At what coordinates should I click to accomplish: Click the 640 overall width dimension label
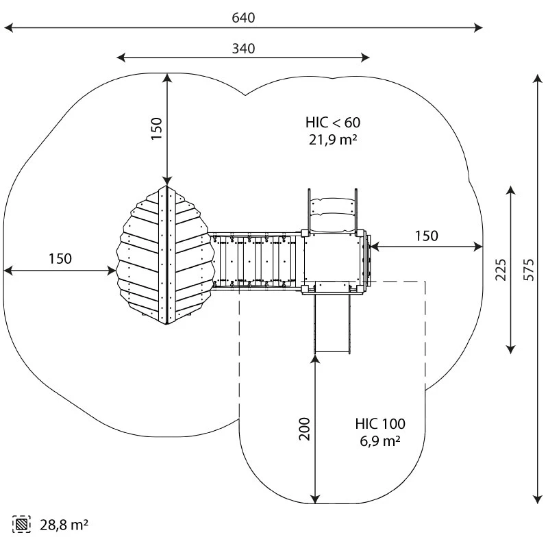tap(243, 18)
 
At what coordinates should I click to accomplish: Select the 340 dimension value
tap(243, 49)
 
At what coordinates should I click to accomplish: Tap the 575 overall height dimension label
tap(529, 269)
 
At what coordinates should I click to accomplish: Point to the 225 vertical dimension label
tap(501, 269)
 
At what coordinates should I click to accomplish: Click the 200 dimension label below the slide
tap(305, 429)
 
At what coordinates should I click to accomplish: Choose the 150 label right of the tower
tap(426, 236)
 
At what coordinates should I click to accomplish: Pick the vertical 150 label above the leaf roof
tap(157, 129)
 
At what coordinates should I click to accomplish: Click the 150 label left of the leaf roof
tap(60, 259)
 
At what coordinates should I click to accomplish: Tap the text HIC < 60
tap(333, 123)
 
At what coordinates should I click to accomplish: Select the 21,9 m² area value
tap(333, 140)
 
